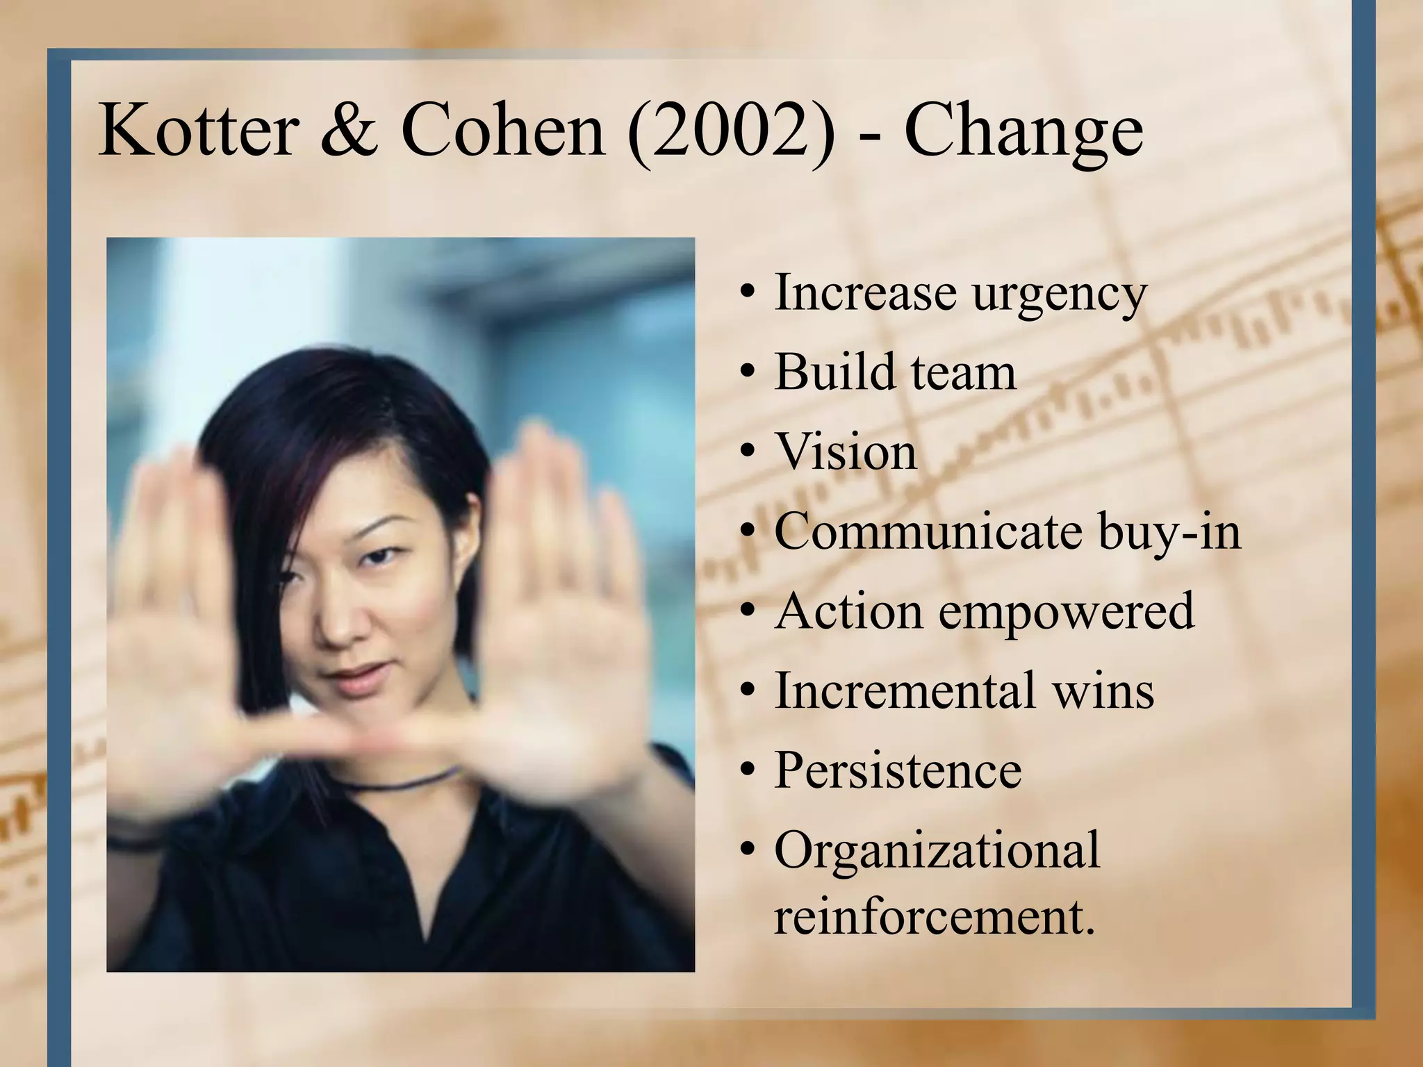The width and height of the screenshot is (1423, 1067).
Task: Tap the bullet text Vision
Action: point(846,452)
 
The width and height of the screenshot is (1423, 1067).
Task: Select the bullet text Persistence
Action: point(898,770)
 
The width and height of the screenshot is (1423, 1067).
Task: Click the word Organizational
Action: point(937,852)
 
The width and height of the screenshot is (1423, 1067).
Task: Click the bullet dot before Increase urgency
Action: point(748,295)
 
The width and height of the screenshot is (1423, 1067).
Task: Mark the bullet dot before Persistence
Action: point(748,772)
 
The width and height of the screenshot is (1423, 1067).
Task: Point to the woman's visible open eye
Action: point(383,556)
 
